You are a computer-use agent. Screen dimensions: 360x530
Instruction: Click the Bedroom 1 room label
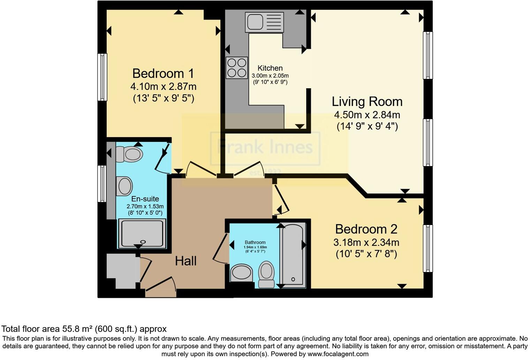(x=163, y=74)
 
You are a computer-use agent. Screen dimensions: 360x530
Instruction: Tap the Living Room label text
(x=367, y=102)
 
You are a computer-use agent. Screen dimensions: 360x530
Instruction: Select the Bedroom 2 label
(x=366, y=229)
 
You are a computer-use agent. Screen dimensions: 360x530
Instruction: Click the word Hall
(x=185, y=261)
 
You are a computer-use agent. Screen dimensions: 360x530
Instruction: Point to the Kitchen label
(x=270, y=68)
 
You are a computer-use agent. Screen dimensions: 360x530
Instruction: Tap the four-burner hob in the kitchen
(x=236, y=68)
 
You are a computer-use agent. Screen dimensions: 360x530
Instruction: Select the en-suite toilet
(x=129, y=154)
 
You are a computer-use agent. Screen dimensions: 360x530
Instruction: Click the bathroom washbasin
(x=241, y=272)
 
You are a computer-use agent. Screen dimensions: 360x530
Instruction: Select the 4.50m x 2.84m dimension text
(x=367, y=115)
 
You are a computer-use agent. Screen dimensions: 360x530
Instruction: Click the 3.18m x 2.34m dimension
(x=366, y=242)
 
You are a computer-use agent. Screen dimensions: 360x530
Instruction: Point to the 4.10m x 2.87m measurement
(x=163, y=86)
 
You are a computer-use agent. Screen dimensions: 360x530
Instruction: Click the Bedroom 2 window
(x=427, y=248)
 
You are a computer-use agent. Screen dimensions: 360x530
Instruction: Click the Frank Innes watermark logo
(x=265, y=148)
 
